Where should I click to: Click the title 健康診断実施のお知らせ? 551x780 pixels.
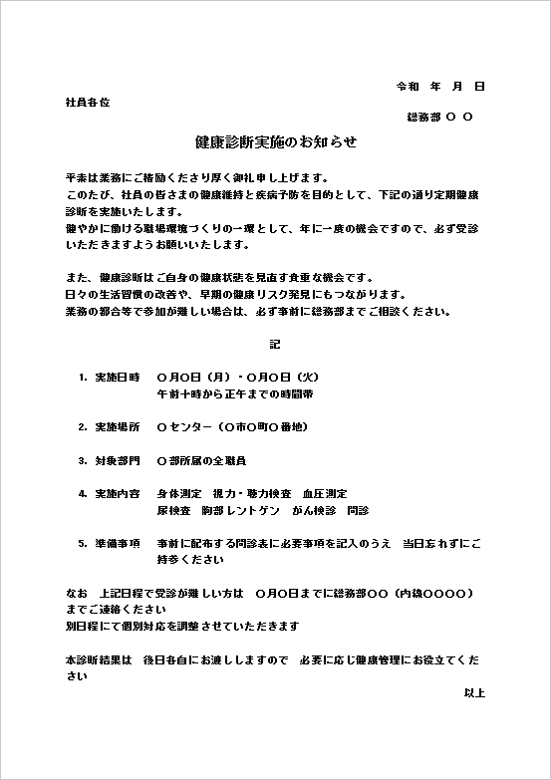pyautogui.click(x=275, y=142)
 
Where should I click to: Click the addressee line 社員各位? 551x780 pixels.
pyautogui.click(x=87, y=103)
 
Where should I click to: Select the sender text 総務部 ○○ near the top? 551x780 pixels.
pyautogui.click(x=439, y=118)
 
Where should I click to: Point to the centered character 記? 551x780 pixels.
pyautogui.click(x=275, y=344)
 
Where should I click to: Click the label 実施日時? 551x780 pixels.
pyautogui.click(x=118, y=378)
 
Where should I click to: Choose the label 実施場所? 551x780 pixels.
pyautogui.click(x=118, y=427)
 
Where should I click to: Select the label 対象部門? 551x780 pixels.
pyautogui.click(x=118, y=461)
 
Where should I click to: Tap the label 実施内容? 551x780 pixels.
pyautogui.click(x=118, y=494)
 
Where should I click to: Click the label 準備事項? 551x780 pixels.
pyautogui.click(x=118, y=544)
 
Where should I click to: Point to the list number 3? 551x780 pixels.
pyautogui.click(x=82, y=461)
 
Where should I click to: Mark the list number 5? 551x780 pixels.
pyautogui.click(x=82, y=544)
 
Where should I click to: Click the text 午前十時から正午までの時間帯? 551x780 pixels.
pyautogui.click(x=235, y=393)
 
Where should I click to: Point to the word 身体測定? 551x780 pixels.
pyautogui.click(x=179, y=494)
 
